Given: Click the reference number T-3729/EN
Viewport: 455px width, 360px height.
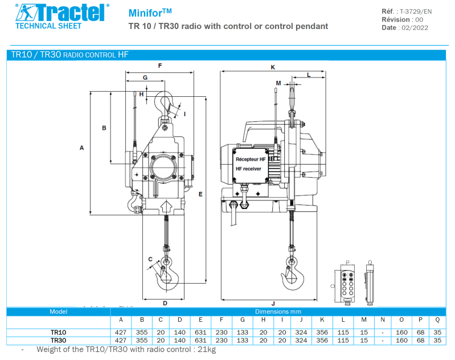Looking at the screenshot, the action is pyautogui.click(x=416, y=11).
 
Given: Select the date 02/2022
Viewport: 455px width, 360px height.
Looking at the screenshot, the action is pyautogui.click(x=415, y=28).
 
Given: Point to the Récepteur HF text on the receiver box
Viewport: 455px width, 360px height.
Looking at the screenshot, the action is pyautogui.click(x=251, y=159).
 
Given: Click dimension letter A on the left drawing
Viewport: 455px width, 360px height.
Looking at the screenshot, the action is pyautogui.click(x=81, y=148).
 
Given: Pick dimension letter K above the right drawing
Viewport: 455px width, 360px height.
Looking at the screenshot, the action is pyautogui.click(x=273, y=67).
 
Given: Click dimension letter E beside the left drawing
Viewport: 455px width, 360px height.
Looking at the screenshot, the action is pyautogui.click(x=200, y=194).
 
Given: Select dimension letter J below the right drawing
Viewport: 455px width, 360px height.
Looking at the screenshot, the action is pyautogui.click(x=273, y=304).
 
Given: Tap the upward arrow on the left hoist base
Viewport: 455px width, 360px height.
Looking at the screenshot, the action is pyautogui.click(x=166, y=207).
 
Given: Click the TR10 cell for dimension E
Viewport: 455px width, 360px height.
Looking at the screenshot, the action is pyautogui.click(x=200, y=333).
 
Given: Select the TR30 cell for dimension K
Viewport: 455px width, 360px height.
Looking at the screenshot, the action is pyautogui.click(x=322, y=341).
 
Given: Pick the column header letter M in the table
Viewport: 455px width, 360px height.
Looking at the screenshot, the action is pyautogui.click(x=364, y=320).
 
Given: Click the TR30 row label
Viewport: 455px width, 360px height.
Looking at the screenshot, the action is pyautogui.click(x=58, y=341).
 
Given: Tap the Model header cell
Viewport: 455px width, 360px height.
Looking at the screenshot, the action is pyautogui.click(x=58, y=312).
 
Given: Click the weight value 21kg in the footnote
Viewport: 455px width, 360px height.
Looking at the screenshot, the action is pyautogui.click(x=207, y=349).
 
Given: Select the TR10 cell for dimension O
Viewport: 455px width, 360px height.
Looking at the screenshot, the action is pyautogui.click(x=401, y=333).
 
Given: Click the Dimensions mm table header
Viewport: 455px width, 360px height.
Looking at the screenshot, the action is pyautogui.click(x=278, y=312).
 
